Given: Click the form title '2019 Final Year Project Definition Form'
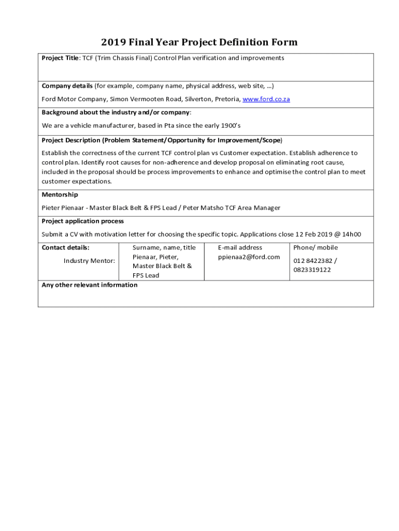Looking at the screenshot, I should (x=199, y=42).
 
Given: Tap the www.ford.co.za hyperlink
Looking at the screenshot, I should (x=266, y=99).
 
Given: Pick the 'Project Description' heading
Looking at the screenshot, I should (x=70, y=140).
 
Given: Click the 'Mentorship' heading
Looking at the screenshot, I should (x=60, y=194).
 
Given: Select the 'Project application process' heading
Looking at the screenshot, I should (x=82, y=221).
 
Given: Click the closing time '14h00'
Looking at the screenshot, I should (x=351, y=234).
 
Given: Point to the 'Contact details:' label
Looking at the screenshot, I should (x=65, y=247).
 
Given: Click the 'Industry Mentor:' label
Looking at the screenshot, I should (x=89, y=260).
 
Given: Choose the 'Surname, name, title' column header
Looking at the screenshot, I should (x=164, y=247).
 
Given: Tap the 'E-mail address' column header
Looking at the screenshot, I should (x=240, y=247).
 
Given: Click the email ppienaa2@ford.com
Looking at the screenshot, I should (x=249, y=257).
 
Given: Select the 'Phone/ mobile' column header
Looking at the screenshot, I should (x=316, y=247).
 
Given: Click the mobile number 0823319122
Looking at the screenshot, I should (x=312, y=270).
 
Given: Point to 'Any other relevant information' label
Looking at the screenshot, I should (x=90, y=285).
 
